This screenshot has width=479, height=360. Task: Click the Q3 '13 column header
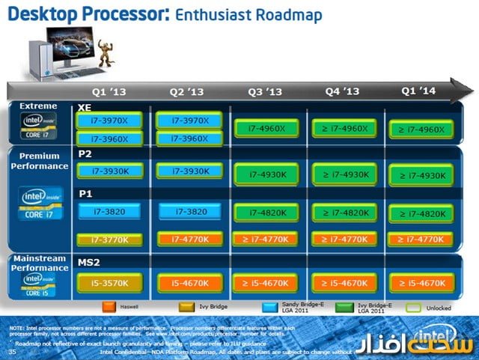[265, 92]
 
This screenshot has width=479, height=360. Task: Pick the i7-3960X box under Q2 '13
[184, 139]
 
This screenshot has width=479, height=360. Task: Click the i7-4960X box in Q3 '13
[264, 129]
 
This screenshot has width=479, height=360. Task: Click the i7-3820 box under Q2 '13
[184, 213]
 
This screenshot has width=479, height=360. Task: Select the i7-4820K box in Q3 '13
[264, 213]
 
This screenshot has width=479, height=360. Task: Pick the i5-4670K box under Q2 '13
[184, 284]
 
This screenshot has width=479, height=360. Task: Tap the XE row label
[85, 108]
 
